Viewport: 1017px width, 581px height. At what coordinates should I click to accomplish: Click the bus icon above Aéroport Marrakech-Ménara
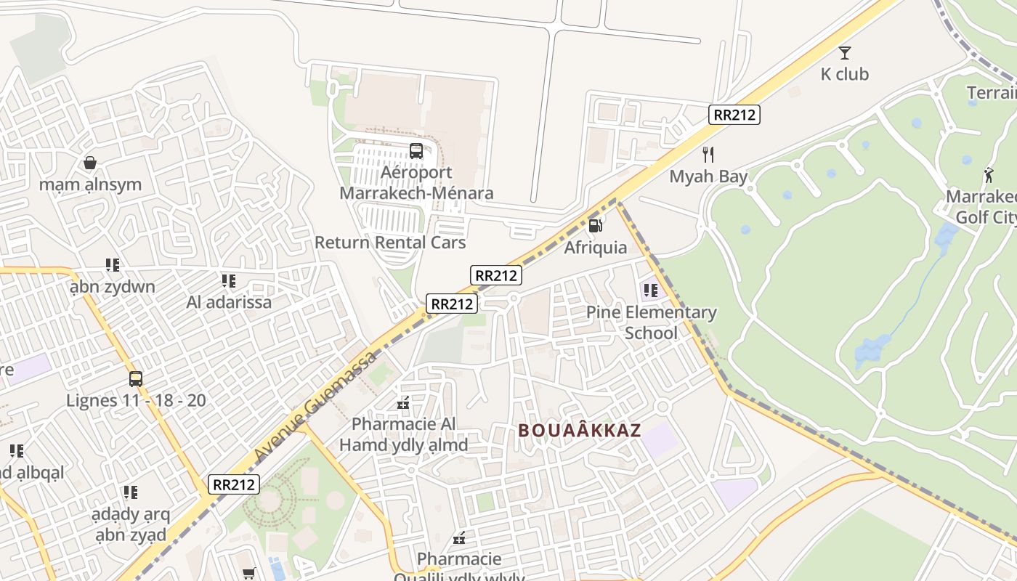[x=416, y=151]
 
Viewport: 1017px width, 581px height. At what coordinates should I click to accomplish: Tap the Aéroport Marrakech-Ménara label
[x=416, y=183]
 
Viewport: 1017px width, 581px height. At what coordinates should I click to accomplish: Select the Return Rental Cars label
[x=390, y=243]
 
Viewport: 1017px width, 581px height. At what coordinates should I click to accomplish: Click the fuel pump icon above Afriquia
[x=595, y=226]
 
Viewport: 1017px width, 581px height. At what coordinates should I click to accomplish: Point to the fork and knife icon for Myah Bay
[x=708, y=155]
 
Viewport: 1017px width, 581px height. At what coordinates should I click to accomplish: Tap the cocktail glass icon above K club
[x=844, y=52]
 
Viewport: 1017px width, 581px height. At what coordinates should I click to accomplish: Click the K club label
[x=844, y=74]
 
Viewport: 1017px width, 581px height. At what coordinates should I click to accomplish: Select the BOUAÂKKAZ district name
[x=580, y=431]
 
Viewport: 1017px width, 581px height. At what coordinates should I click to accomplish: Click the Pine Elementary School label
[x=651, y=322]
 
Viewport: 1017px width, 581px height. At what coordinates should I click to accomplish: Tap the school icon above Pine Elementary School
[x=650, y=290]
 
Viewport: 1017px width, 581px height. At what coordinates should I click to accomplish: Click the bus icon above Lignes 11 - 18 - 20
[x=136, y=378]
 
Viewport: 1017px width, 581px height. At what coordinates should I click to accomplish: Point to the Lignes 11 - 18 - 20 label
[x=136, y=400]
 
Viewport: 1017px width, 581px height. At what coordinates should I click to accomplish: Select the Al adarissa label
[x=229, y=302]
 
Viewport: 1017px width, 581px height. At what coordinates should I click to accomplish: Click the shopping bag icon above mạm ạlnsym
[x=90, y=163]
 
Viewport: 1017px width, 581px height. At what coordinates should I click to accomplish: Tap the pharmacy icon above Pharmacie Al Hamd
[x=403, y=403]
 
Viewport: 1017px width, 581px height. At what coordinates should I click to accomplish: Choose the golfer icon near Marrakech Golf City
[x=988, y=175]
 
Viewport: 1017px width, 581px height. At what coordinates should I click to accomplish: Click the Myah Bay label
[x=708, y=176]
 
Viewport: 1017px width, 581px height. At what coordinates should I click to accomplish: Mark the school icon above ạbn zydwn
[x=112, y=265]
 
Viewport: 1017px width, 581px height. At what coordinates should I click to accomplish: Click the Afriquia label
[x=596, y=248]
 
